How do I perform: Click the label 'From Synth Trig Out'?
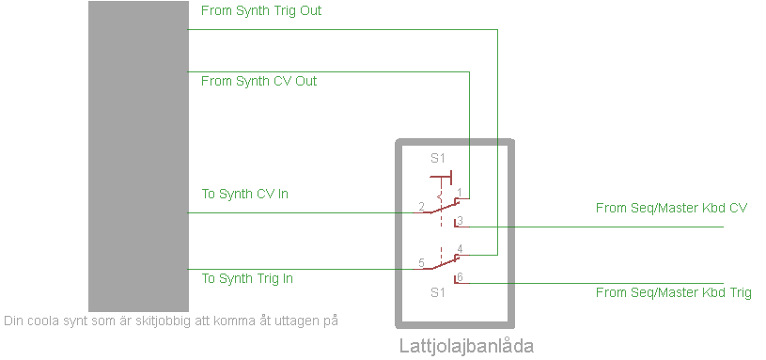point(261,11)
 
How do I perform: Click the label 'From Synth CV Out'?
point(258,81)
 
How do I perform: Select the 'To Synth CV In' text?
point(244,195)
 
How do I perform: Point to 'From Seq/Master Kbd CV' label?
point(671,208)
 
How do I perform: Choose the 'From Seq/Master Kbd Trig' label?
point(674,292)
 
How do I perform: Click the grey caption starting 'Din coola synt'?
point(170,321)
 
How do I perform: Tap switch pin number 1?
point(460,193)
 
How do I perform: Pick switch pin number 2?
point(421,205)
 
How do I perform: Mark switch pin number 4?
point(459,249)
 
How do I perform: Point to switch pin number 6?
point(459,276)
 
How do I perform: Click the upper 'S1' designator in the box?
point(437,158)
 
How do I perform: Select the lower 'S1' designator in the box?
point(437,292)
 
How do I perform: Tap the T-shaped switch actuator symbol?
point(442,176)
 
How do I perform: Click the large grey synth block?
point(138,155)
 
